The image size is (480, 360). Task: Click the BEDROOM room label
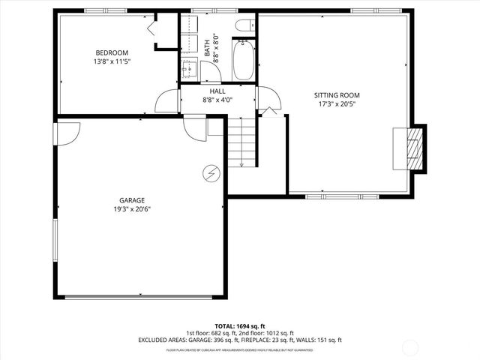(x=106, y=52)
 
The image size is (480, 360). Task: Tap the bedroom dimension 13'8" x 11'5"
(x=106, y=62)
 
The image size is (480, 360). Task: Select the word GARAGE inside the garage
(x=132, y=200)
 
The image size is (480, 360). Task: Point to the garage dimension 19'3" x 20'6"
(x=132, y=210)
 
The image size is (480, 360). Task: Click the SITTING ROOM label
(x=337, y=95)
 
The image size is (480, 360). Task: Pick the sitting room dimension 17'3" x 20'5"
(x=337, y=105)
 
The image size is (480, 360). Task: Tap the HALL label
(x=218, y=91)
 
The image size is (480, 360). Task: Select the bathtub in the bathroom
(x=244, y=61)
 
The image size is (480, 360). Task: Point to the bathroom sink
(x=189, y=70)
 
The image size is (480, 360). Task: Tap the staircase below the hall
(x=241, y=145)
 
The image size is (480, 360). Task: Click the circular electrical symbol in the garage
(x=211, y=174)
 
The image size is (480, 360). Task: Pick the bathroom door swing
(x=209, y=71)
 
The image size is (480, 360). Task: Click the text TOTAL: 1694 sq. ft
(x=239, y=325)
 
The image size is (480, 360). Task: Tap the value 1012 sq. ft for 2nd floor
(x=277, y=333)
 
